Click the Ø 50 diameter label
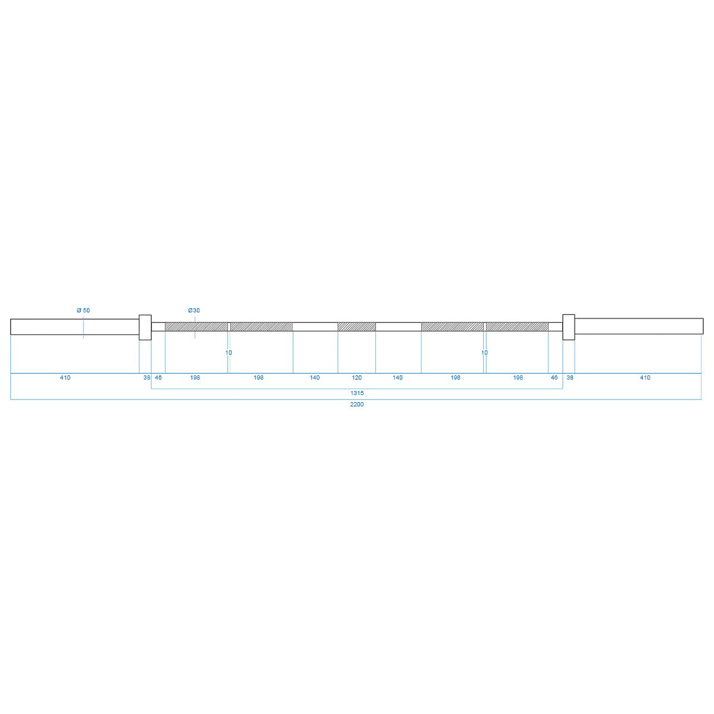pyautogui.click(x=83, y=310)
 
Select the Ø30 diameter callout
pyautogui.click(x=194, y=310)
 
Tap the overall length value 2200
pyautogui.click(x=357, y=404)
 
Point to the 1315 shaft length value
pyautogui.click(x=357, y=393)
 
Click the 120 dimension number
pyautogui.click(x=356, y=378)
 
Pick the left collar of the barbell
pyautogui.click(x=145, y=327)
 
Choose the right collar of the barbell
pyautogui.click(x=568, y=327)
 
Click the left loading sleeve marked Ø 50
pyautogui.click(x=75, y=327)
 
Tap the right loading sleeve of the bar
pyautogui.click(x=639, y=326)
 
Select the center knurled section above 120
pyautogui.click(x=356, y=326)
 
